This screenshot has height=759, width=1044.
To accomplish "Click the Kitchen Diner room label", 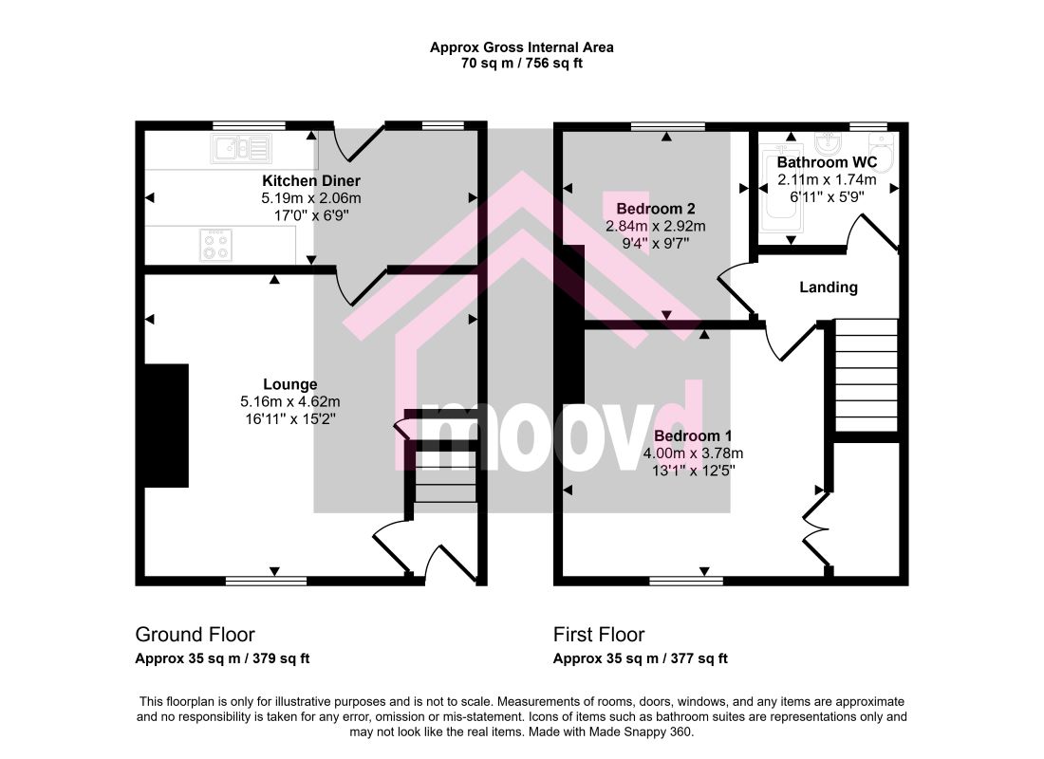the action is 311,180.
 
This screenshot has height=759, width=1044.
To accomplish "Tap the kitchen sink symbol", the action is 241,148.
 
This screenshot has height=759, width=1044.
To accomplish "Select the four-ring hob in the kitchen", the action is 215,245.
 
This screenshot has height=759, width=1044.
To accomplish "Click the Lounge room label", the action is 290,384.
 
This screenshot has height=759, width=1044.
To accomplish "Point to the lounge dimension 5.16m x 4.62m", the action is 290,401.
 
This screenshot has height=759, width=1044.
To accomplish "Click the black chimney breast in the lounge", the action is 166,425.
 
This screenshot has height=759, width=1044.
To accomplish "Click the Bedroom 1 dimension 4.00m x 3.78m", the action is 693,454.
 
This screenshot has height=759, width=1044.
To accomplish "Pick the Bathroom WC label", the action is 827,162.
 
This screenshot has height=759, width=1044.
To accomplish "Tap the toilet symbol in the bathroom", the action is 881,152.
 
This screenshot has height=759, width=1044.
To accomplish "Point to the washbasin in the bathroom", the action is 830,141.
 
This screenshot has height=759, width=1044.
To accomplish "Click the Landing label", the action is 829,287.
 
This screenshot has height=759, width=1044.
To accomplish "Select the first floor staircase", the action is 867,375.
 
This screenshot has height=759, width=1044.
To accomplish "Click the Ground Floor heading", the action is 196,635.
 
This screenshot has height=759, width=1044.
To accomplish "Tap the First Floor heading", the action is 599,635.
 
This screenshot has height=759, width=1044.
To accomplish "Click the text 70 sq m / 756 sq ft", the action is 521,64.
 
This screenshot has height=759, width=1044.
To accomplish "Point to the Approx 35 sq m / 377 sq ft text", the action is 640,658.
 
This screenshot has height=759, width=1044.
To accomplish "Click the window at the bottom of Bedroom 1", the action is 686,582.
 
